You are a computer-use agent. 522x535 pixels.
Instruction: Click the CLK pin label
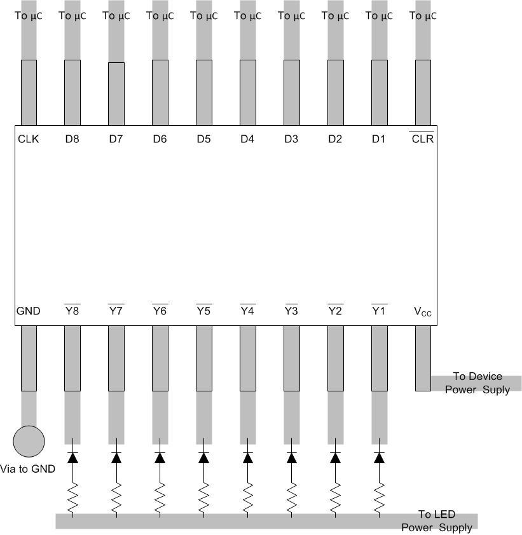coord(29,139)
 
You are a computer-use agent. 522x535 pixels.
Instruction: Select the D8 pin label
coord(72,139)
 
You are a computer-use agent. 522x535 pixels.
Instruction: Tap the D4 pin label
coord(247,139)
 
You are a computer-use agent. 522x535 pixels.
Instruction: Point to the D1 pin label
coord(378,139)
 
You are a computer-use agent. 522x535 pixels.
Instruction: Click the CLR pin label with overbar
coord(423,139)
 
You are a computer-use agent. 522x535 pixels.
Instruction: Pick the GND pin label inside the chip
coord(29,311)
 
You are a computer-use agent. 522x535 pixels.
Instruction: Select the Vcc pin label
coord(423,312)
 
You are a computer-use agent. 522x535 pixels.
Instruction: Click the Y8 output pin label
coord(72,311)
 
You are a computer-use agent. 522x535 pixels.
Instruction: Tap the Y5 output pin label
coord(203,311)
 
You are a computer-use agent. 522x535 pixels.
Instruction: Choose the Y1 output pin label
coord(379,311)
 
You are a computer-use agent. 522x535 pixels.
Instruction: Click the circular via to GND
coord(29,442)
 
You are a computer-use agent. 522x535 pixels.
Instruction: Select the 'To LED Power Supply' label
coord(436,521)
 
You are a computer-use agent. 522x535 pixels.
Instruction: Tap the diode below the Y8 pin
coord(72,456)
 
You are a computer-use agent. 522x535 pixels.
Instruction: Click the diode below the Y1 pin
coord(379,456)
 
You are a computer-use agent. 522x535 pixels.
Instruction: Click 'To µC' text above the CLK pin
coord(29,17)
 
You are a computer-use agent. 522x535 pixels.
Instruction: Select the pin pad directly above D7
coord(116,93)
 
